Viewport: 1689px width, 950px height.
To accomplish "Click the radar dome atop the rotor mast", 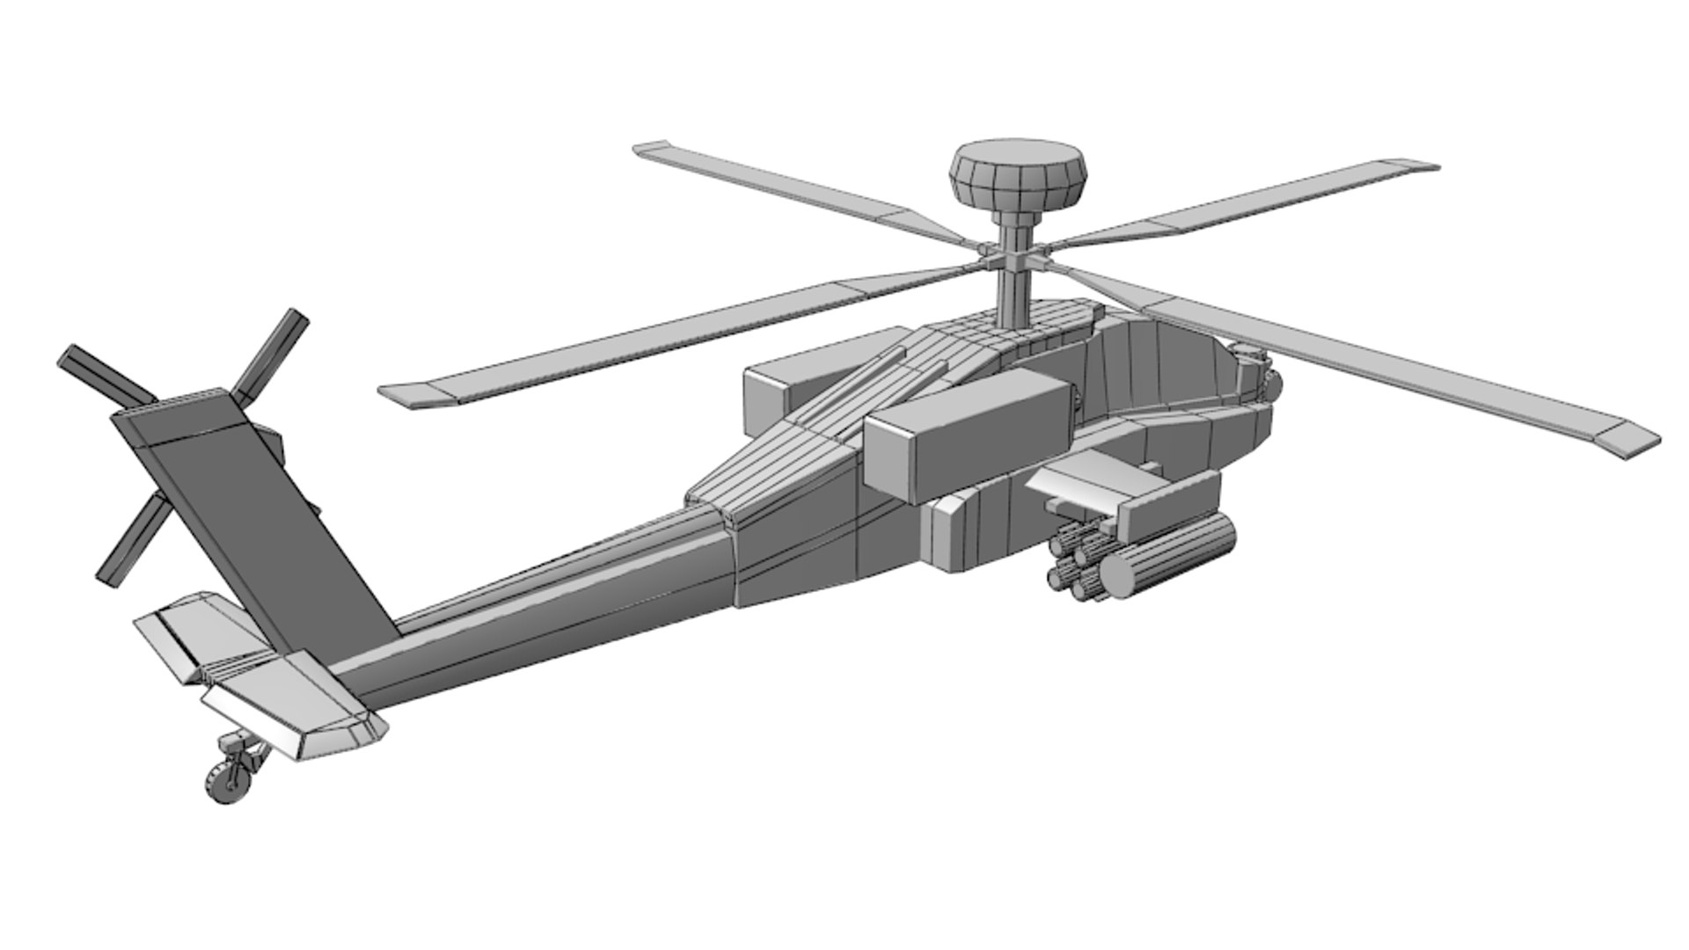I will pyautogui.click(x=1018, y=173).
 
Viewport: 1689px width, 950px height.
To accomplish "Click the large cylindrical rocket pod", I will pyautogui.click(x=1170, y=550).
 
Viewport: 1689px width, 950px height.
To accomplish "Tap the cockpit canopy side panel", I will pyautogui.click(x=1170, y=369).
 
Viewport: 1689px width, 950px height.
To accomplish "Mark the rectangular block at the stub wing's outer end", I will pyautogui.click(x=1170, y=510).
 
